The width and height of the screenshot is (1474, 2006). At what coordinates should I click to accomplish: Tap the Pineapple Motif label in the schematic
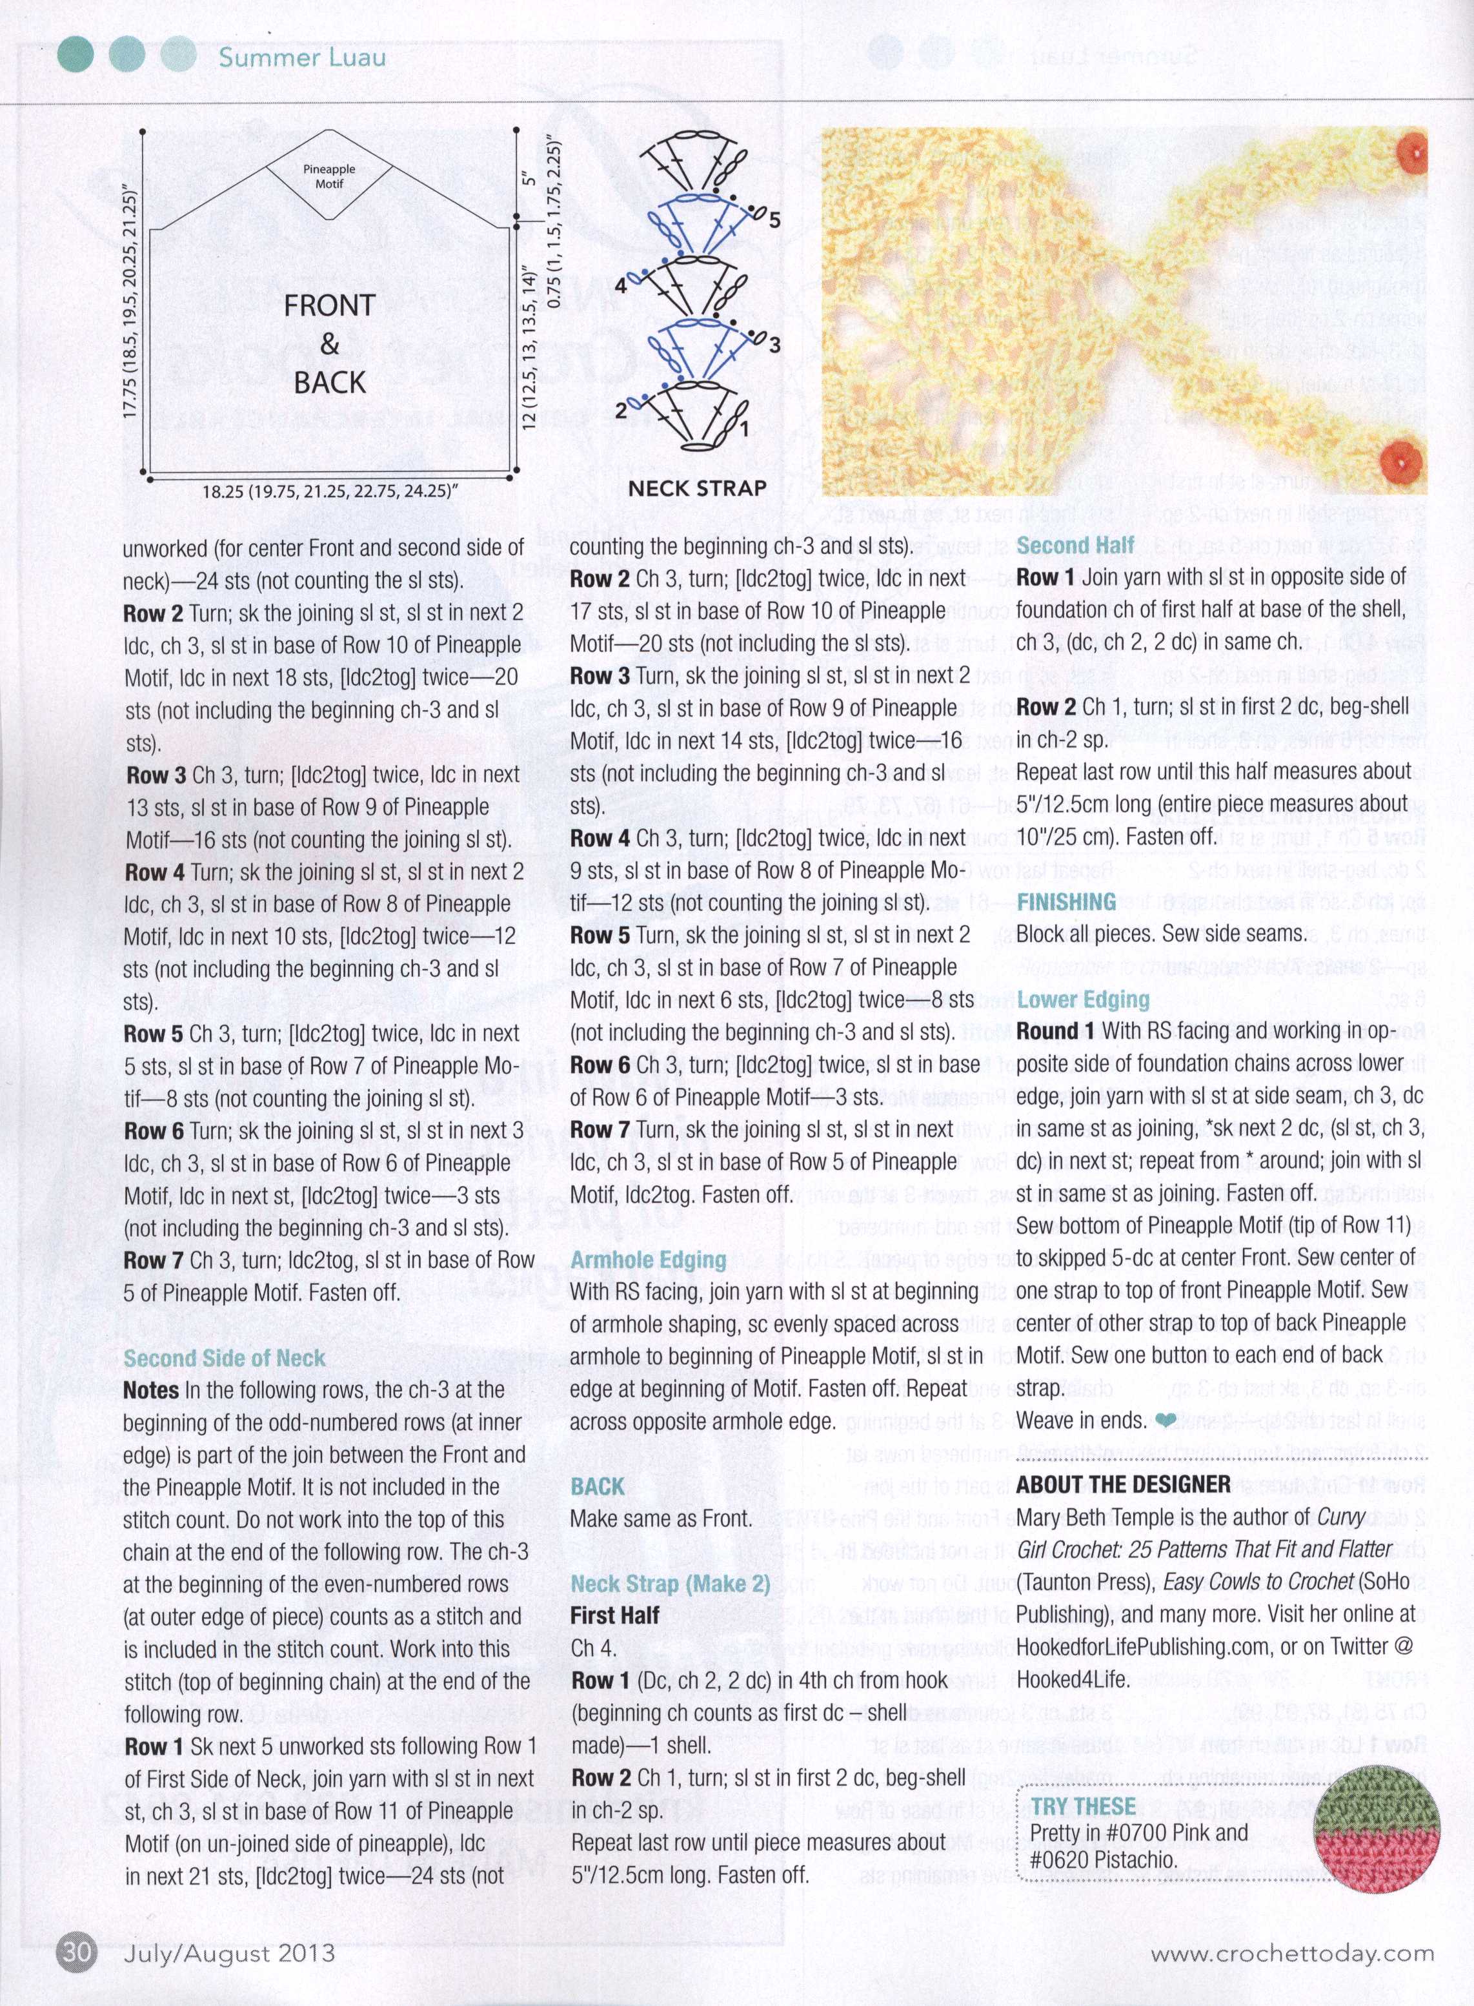[x=328, y=176]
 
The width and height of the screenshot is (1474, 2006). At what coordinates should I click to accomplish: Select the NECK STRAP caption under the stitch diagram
[x=697, y=488]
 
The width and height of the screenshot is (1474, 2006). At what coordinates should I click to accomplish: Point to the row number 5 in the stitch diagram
[x=774, y=220]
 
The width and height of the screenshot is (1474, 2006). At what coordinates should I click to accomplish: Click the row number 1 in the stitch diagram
[x=743, y=429]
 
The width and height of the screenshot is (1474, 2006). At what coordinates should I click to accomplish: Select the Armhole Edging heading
[x=648, y=1260]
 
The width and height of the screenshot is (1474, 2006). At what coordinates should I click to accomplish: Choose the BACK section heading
[x=597, y=1486]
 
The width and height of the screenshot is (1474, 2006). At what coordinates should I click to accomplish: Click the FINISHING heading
[x=1066, y=902]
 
